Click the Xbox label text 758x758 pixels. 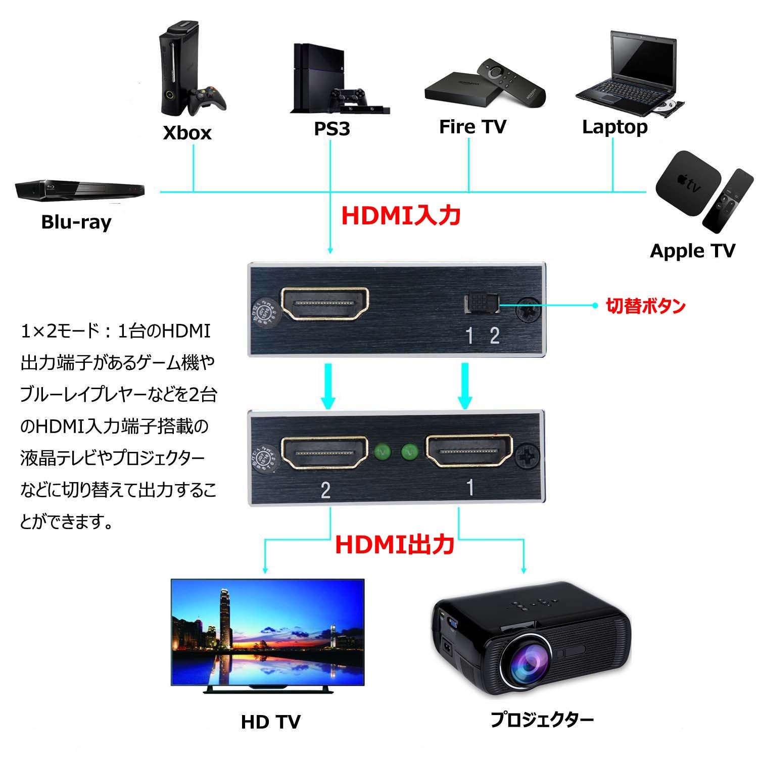187,133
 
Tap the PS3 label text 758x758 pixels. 331,128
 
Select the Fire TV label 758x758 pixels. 472,126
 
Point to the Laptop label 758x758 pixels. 614,126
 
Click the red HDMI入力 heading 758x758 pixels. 401,215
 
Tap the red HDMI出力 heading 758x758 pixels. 395,545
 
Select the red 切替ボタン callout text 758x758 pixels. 645,306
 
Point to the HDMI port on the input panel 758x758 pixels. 325,304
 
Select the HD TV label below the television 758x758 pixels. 270,722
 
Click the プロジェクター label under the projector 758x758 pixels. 542,719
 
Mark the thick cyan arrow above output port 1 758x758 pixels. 464,385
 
